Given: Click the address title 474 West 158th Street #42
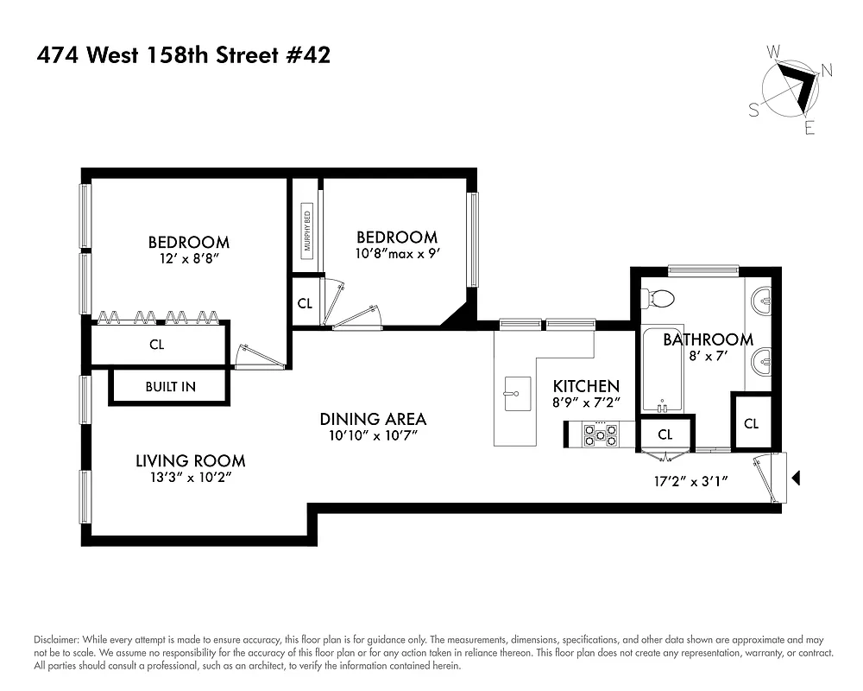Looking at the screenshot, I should click(x=183, y=56).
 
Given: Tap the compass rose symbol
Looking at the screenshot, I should click(x=792, y=89).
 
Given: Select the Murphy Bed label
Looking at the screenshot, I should click(x=306, y=231).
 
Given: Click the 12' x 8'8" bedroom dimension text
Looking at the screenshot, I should click(x=188, y=258).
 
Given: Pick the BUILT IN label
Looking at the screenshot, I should click(x=170, y=387).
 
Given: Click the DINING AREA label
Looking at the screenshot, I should click(x=373, y=419).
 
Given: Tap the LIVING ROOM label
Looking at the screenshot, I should click(x=191, y=461).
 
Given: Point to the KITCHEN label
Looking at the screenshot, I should click(x=587, y=385).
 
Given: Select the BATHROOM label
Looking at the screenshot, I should click(x=708, y=339).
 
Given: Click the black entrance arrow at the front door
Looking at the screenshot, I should click(x=797, y=477).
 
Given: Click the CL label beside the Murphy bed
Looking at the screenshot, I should click(x=305, y=303).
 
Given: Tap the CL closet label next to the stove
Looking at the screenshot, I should click(x=665, y=434).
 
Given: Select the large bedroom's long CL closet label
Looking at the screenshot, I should click(x=156, y=345).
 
